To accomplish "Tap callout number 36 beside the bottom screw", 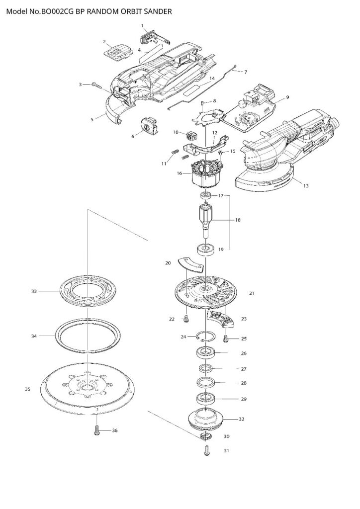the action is point(114,430).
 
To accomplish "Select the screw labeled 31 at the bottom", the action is point(207,450).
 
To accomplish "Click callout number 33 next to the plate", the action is point(34,291).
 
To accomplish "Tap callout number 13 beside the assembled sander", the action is point(306,186).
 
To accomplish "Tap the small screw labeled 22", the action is point(186,319).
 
